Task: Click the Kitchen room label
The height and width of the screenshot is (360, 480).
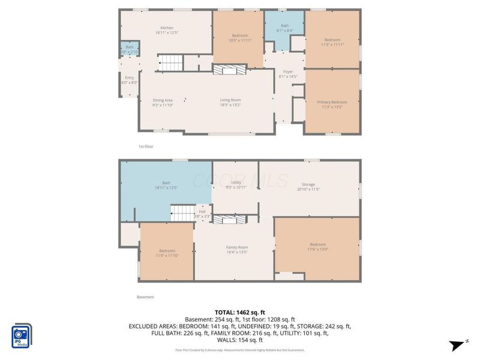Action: pos(166,28)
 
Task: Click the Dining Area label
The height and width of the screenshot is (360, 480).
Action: pos(163,100)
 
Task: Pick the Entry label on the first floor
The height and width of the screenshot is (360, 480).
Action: pos(129,77)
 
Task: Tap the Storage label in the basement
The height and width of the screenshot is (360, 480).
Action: pos(308,184)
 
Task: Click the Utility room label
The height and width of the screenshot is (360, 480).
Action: pos(236,182)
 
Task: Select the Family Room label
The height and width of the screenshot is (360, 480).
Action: pos(236,247)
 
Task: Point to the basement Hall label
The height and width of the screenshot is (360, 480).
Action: pos(202,211)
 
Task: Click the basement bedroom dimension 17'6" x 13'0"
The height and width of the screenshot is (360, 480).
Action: pos(318,250)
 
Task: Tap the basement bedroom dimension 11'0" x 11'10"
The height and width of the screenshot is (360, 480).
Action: pos(167,255)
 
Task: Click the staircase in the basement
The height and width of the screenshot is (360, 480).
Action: pos(182,212)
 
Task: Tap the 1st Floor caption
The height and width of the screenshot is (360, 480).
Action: pos(146,146)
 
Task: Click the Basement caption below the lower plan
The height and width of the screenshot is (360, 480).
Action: pos(146,297)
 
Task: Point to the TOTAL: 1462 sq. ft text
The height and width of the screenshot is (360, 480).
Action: pos(239,312)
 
